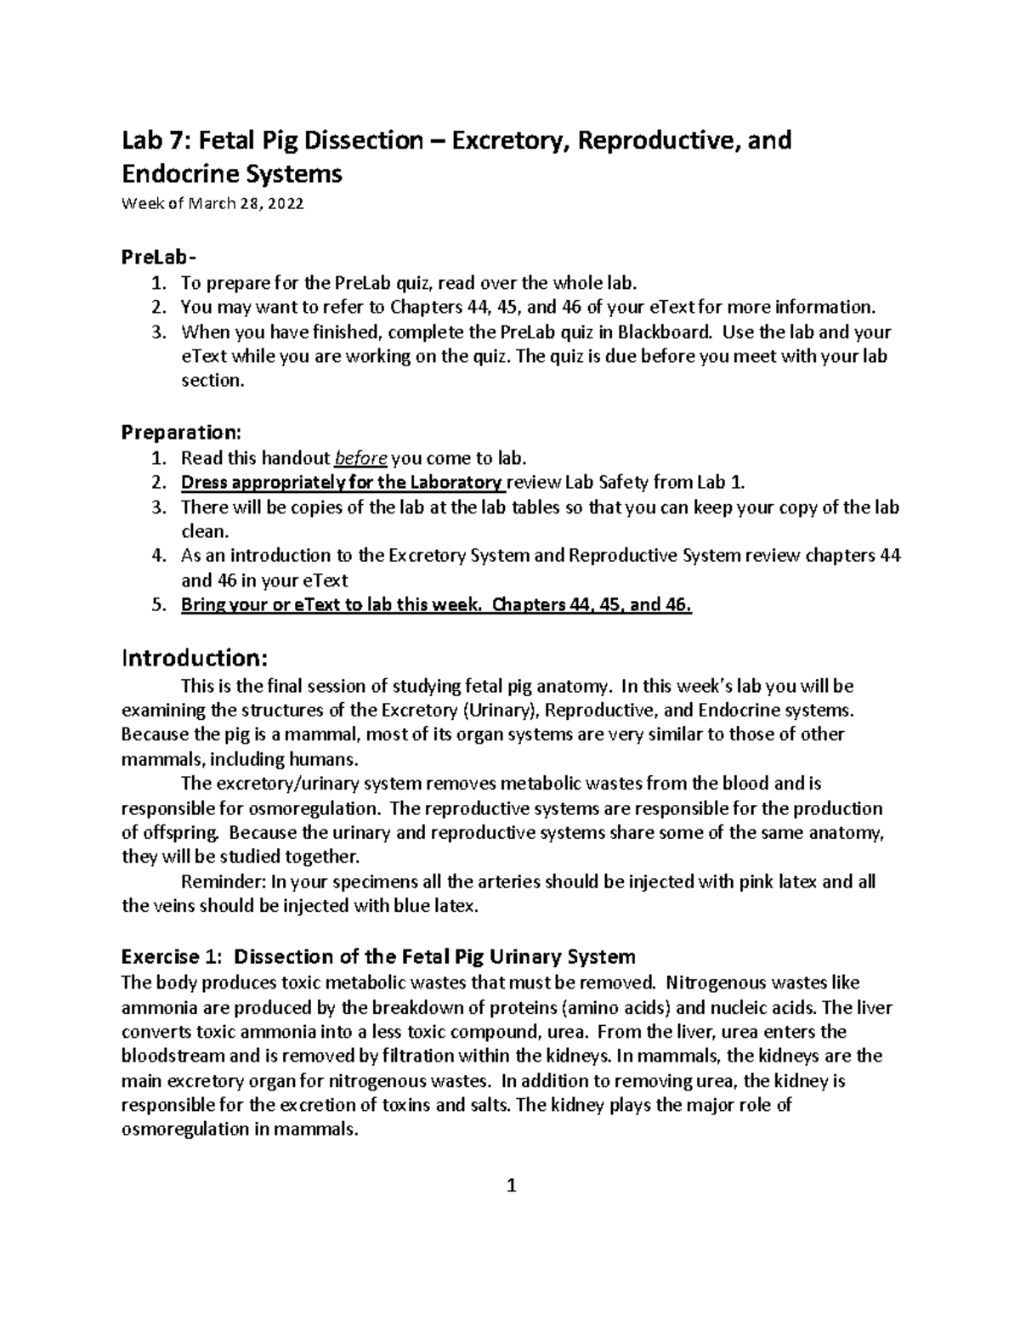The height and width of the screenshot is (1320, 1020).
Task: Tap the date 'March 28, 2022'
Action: pos(246,204)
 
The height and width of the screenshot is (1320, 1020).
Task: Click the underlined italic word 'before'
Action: pos(362,459)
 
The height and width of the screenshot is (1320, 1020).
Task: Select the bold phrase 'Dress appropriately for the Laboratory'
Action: pos(342,484)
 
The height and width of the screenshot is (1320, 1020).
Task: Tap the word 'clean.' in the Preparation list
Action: pos(205,532)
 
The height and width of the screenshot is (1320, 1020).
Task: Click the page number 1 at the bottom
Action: pos(511,1186)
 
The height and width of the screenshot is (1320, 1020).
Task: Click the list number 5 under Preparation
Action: pos(156,605)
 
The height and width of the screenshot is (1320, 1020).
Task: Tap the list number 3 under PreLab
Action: pos(156,331)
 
